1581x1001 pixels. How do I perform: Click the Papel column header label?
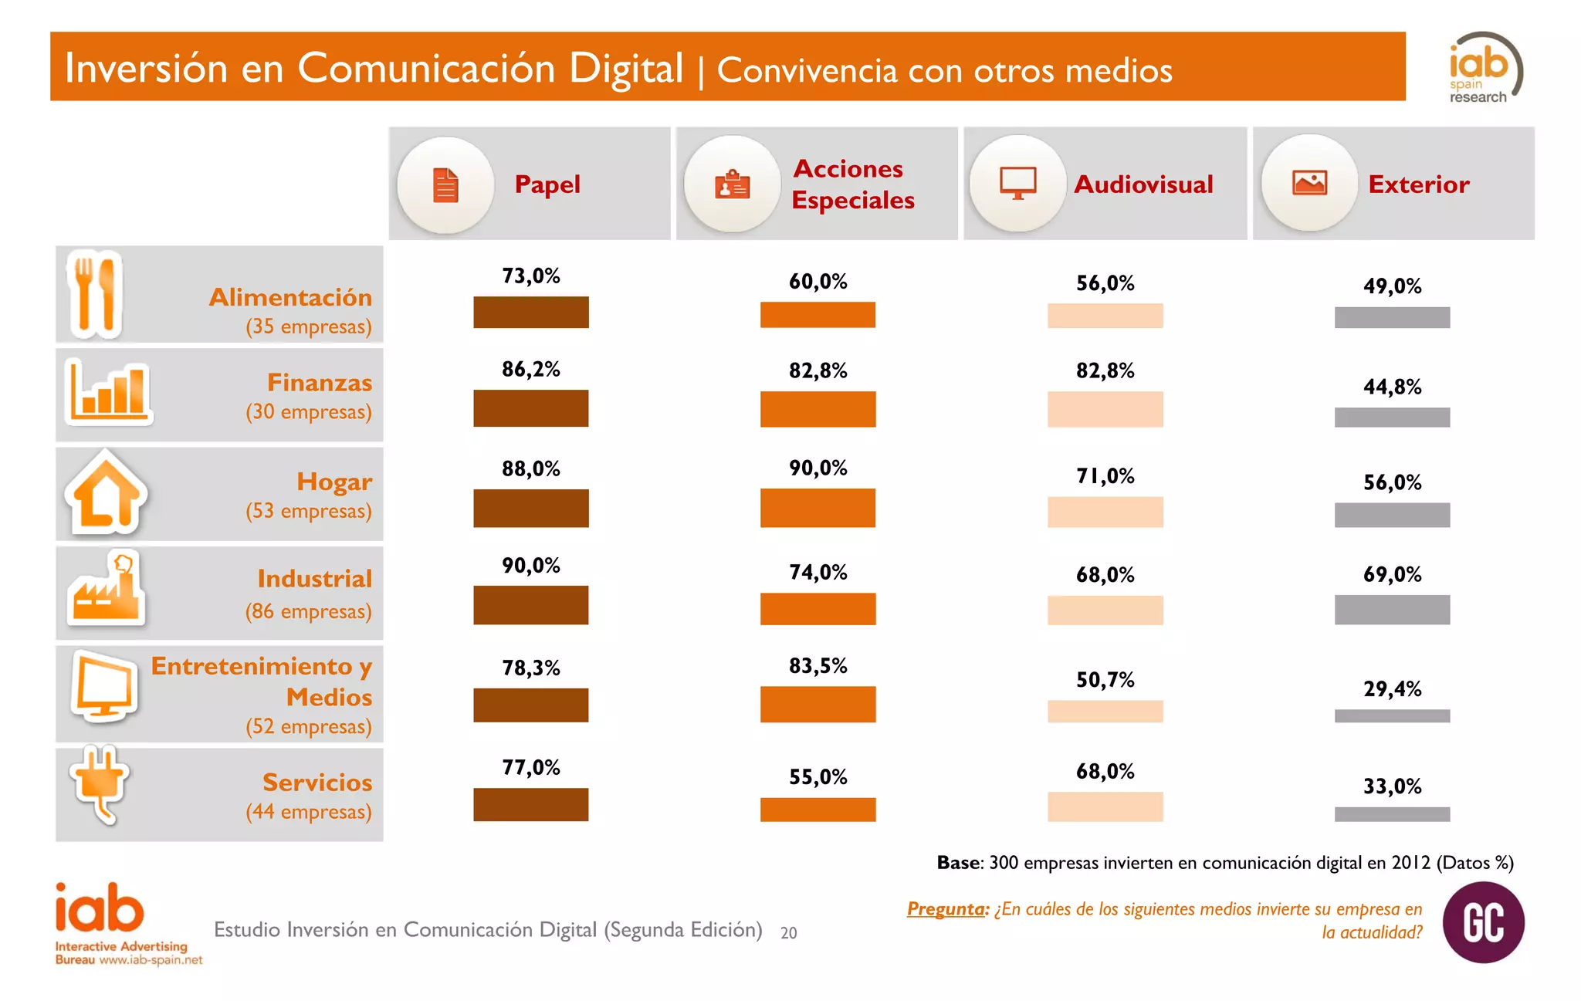pos(547,184)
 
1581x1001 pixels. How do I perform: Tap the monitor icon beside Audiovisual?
pos(1017,184)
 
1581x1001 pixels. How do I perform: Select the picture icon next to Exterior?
pos(1309,183)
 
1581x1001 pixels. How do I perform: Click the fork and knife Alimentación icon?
pos(95,294)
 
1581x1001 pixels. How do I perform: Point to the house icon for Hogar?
pos(106,493)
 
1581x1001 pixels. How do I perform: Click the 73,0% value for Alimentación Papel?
pos(531,276)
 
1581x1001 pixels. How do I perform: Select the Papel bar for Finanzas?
pos(531,408)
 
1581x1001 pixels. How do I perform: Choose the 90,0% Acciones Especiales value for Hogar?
pos(818,468)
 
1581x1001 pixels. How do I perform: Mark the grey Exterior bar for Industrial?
pos(1392,610)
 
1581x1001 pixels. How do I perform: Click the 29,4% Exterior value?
pos(1392,688)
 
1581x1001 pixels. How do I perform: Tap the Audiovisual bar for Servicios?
pos(1105,807)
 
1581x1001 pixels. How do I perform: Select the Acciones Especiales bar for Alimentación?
pos(818,315)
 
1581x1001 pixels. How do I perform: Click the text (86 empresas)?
pos(309,611)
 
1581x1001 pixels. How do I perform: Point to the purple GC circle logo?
pos(1483,922)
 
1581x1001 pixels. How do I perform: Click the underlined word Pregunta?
pos(947,909)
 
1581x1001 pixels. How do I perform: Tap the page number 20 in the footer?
pos(788,933)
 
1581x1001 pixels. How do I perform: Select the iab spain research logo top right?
pos(1482,68)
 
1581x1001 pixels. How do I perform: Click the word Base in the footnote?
pos(958,863)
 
